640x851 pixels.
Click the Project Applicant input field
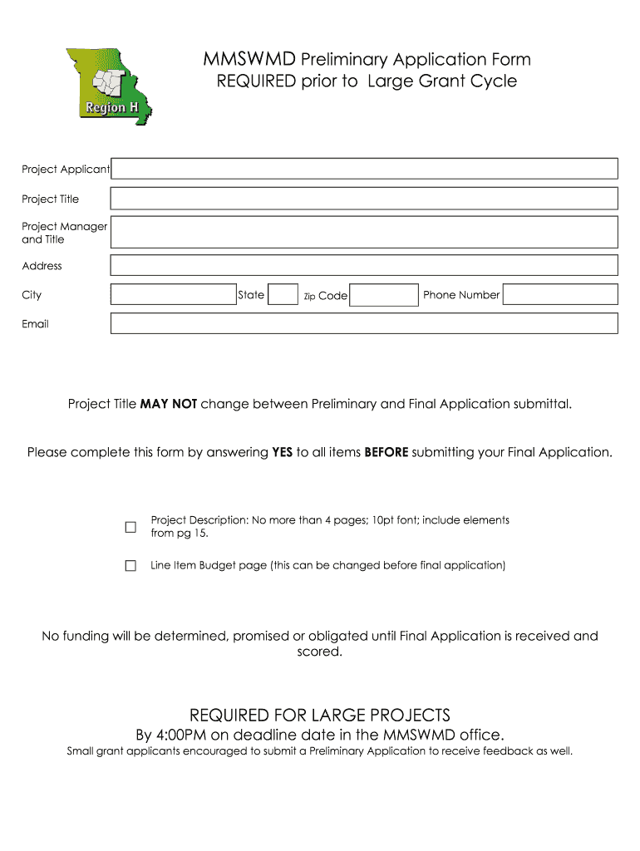click(x=364, y=169)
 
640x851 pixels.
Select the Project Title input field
click(x=364, y=199)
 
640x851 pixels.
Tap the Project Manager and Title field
click(x=364, y=232)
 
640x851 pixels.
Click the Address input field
click(x=364, y=265)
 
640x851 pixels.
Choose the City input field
click(x=173, y=295)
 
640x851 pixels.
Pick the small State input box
click(x=284, y=295)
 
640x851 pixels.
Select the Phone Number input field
click(x=560, y=295)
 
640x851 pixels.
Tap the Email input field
click(x=364, y=324)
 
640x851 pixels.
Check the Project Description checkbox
click(x=130, y=527)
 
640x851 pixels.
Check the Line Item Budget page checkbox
click(x=130, y=565)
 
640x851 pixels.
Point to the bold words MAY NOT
click(x=169, y=404)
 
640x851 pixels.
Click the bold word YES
click(x=282, y=452)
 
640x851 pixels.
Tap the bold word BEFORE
click(x=386, y=452)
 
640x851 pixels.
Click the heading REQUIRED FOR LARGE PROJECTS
click(x=320, y=716)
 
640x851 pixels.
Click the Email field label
click(x=36, y=324)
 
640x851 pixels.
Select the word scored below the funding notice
click(x=319, y=652)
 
